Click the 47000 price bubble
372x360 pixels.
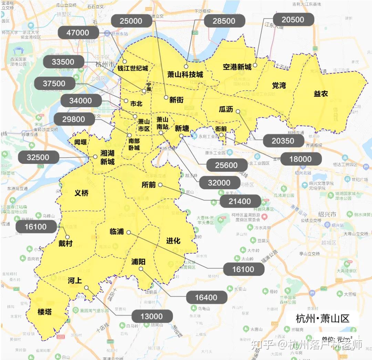pyautogui.click(x=78, y=33)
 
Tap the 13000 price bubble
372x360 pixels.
pyautogui.click(x=152, y=316)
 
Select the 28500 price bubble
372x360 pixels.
pyautogui.click(x=224, y=21)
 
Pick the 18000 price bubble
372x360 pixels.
pyautogui.click(x=300, y=159)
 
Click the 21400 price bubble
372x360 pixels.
pyautogui.click(x=240, y=201)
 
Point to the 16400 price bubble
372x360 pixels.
pyautogui.click(x=206, y=297)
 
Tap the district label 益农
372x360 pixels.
pyautogui.click(x=321, y=93)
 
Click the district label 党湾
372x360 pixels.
pyautogui.click(x=279, y=85)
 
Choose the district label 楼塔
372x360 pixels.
pyautogui.click(x=44, y=312)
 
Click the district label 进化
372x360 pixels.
pyautogui.click(x=173, y=240)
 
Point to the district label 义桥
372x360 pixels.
pyautogui.click(x=82, y=193)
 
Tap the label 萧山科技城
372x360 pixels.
pyautogui.click(x=185, y=74)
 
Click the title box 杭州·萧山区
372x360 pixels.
pyautogui.click(x=322, y=318)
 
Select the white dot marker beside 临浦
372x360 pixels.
pyautogui.click(x=128, y=232)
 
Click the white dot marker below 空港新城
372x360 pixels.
pyautogui.click(x=255, y=65)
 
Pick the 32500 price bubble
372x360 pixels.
pyautogui.click(x=38, y=157)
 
